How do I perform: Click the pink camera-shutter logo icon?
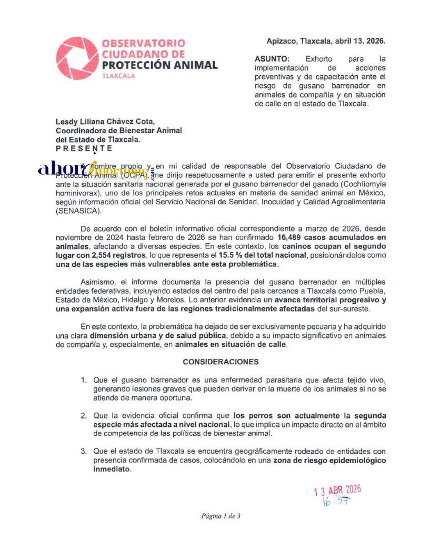click(x=77, y=58)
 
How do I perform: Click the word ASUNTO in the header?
click(x=272, y=59)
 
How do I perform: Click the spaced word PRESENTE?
click(x=84, y=148)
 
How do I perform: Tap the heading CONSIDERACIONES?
click(x=220, y=362)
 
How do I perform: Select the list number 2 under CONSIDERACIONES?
click(x=83, y=416)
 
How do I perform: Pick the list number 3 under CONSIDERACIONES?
click(x=83, y=451)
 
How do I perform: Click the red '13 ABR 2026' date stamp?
click(x=337, y=491)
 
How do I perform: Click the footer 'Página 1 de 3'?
click(x=220, y=516)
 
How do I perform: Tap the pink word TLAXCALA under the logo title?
click(x=118, y=76)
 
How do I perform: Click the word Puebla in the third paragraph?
click(x=373, y=291)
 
